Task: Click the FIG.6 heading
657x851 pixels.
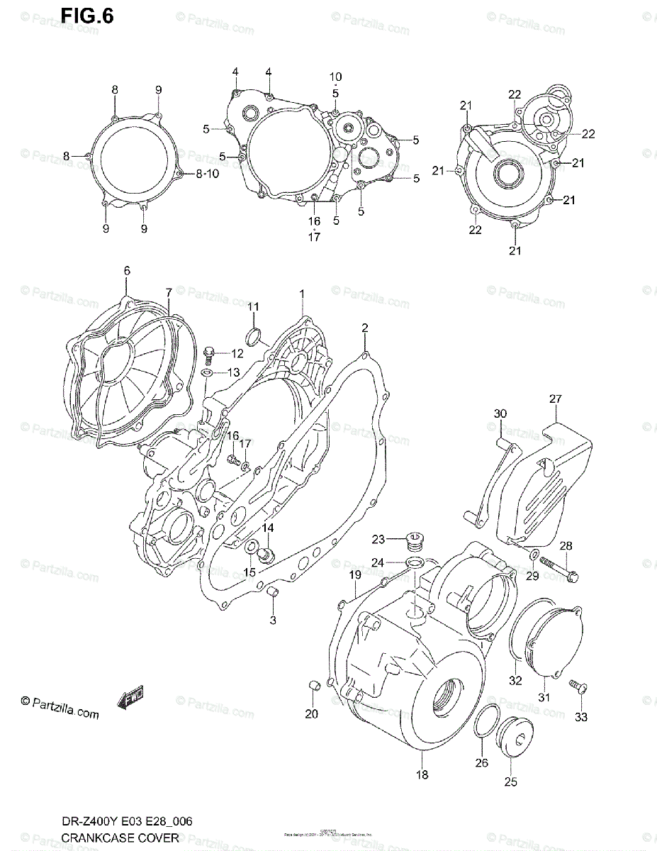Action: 86,16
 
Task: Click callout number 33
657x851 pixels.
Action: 581,717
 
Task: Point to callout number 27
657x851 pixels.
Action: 555,399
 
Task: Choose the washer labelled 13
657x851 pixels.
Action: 207,372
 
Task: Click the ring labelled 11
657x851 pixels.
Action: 253,335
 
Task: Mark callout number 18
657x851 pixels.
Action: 422,774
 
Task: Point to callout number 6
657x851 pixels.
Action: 127,270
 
